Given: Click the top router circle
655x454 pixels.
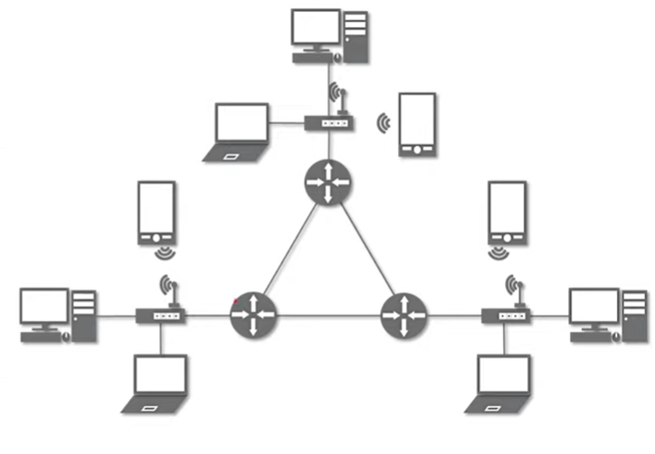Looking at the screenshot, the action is (x=326, y=182).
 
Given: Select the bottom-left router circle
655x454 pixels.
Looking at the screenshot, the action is (x=253, y=316).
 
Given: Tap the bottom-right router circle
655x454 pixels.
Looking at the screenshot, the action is (x=403, y=317).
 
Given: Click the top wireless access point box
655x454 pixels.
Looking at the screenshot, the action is (x=327, y=123).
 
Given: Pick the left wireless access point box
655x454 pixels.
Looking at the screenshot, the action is (x=161, y=316).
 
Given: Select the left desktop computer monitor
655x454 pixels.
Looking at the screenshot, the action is (x=44, y=308).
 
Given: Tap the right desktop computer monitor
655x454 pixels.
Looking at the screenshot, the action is (x=593, y=308).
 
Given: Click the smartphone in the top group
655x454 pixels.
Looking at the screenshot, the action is (x=417, y=123).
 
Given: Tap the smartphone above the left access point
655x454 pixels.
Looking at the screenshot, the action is (x=156, y=212).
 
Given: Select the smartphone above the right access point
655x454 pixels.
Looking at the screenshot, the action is (x=507, y=212).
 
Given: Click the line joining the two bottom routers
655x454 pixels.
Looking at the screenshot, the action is (x=327, y=316).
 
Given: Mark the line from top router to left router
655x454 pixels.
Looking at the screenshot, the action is (x=289, y=250).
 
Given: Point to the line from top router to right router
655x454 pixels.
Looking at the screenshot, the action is (x=364, y=250).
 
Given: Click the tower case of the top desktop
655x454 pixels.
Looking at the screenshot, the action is (x=356, y=35).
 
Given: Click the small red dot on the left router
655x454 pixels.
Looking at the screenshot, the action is (x=235, y=299).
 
